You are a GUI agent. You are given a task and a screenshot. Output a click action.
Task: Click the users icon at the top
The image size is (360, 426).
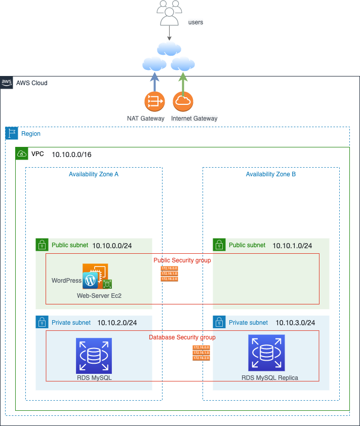click(x=169, y=13)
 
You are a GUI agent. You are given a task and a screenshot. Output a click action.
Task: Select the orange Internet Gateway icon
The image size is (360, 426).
click(x=183, y=101)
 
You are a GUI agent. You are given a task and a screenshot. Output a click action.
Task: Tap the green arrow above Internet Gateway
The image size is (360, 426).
click(x=183, y=82)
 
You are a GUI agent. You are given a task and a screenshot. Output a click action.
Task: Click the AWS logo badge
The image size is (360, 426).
click(x=7, y=83)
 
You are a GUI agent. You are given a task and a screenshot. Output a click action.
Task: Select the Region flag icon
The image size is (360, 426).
click(x=12, y=134)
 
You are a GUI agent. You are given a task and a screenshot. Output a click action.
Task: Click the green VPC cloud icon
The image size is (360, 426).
click(x=22, y=153)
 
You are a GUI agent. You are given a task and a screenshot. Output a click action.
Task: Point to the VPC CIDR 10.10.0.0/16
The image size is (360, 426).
click(x=71, y=154)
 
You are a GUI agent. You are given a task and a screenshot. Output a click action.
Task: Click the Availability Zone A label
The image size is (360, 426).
click(x=94, y=174)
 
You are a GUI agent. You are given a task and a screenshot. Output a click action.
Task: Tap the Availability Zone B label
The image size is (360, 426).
click(x=271, y=174)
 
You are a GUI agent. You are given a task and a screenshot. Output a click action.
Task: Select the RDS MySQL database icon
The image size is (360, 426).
click(x=94, y=356)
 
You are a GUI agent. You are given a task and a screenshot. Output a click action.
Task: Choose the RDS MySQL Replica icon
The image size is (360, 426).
click(x=266, y=353)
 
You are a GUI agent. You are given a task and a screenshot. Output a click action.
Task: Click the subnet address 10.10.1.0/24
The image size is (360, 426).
click(x=292, y=246)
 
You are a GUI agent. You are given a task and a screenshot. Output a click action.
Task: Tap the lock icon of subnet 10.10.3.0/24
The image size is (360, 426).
click(x=219, y=322)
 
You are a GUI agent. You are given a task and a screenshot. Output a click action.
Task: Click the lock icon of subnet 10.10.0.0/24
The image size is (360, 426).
click(x=42, y=245)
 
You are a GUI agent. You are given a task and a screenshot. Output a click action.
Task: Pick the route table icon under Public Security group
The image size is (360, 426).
click(x=170, y=274)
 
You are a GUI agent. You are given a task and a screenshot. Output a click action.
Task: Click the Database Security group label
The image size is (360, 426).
click(x=182, y=337)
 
